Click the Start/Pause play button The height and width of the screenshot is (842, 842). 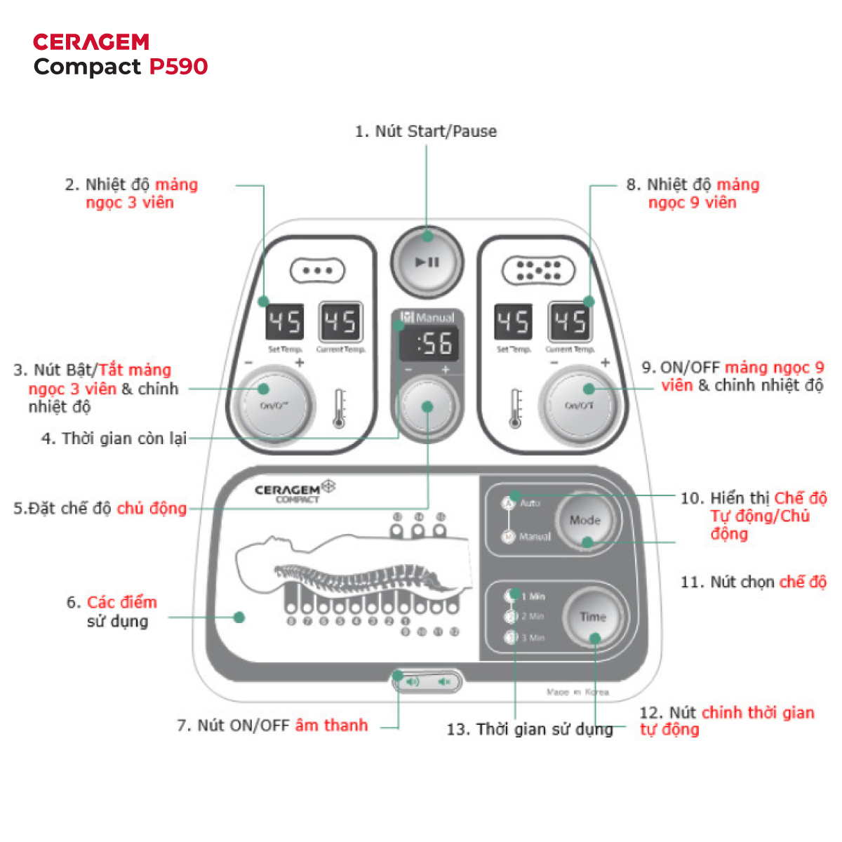click(x=427, y=262)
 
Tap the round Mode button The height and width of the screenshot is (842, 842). click(x=585, y=521)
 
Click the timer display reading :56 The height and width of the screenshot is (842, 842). click(x=429, y=344)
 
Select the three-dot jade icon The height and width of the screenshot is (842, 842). click(x=318, y=270)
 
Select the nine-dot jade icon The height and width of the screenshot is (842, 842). click(x=538, y=271)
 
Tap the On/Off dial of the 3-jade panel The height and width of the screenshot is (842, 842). click(x=274, y=405)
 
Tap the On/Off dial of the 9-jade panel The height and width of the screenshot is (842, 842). click(x=580, y=405)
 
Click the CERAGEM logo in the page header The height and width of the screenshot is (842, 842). click(x=91, y=42)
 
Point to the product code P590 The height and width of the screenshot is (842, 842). click(x=179, y=67)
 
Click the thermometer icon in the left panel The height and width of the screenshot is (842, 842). click(x=340, y=408)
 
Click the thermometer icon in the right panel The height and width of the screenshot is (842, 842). click(x=516, y=408)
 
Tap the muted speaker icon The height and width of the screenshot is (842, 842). click(x=443, y=681)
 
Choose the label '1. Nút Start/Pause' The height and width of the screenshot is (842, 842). click(x=425, y=131)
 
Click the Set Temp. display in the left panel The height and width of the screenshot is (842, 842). click(x=285, y=323)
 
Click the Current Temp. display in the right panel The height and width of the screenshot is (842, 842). click(x=569, y=323)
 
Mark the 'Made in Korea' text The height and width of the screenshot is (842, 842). click(x=577, y=692)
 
